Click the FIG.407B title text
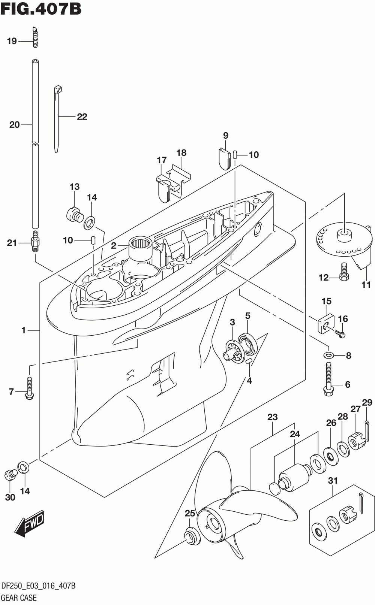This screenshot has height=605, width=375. click(x=41, y=9)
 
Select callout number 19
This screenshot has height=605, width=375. click(x=12, y=41)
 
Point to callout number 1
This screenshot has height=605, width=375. click(x=23, y=330)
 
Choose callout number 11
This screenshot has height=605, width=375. click(x=366, y=285)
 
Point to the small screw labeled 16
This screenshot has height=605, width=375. click(x=340, y=333)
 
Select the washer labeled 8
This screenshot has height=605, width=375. click(x=328, y=355)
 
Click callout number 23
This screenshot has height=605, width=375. click(x=273, y=417)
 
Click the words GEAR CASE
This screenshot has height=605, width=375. click(x=19, y=598)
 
